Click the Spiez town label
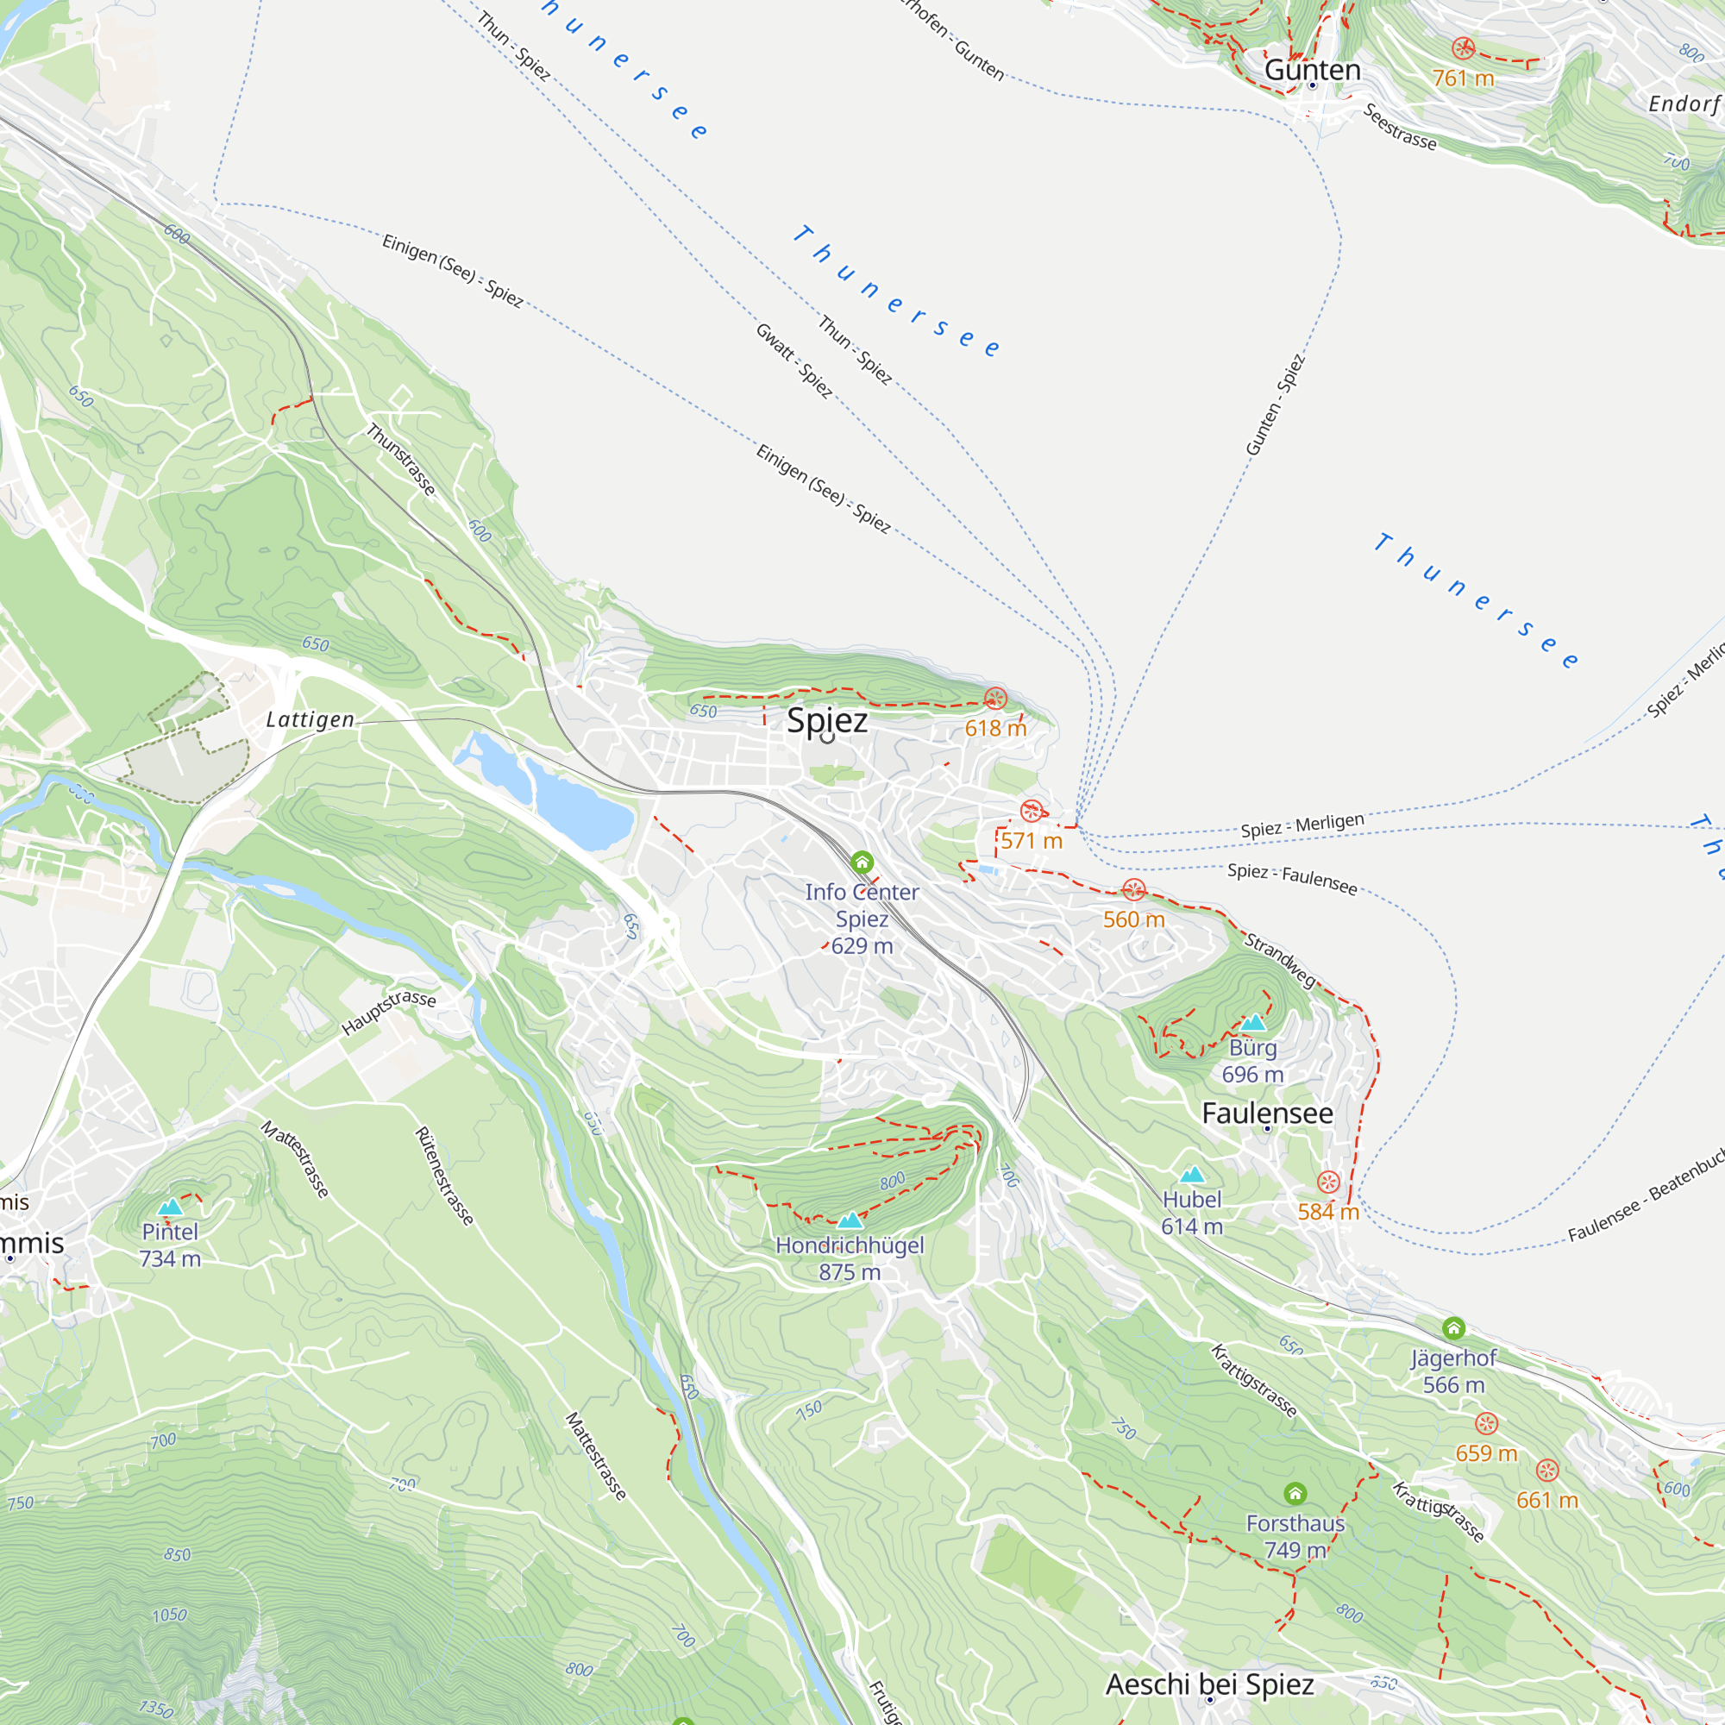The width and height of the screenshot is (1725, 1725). (x=827, y=720)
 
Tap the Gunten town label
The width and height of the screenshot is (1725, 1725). (x=1312, y=70)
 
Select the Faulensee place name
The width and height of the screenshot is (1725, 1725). (x=1267, y=1113)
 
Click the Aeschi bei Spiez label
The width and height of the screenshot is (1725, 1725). (x=1209, y=1684)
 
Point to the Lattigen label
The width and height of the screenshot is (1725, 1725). (x=310, y=719)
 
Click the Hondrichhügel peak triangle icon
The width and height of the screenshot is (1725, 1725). (x=849, y=1220)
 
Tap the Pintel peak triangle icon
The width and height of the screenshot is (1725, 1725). (x=170, y=1207)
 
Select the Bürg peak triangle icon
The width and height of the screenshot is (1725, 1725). (x=1252, y=1023)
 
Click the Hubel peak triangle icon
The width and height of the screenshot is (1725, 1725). (x=1192, y=1175)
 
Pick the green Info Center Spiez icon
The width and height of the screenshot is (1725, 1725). (x=862, y=862)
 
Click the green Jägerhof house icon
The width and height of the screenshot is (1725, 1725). (x=1453, y=1327)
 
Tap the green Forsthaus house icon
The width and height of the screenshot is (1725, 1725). (x=1295, y=1493)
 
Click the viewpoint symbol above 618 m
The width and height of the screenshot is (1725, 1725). (x=995, y=699)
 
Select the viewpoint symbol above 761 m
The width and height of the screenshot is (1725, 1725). (x=1463, y=47)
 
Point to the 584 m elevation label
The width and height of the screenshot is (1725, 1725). (x=1327, y=1212)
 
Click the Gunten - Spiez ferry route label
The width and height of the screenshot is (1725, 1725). (x=1275, y=405)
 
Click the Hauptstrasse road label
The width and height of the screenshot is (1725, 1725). (x=388, y=1012)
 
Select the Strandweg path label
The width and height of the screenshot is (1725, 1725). (x=1279, y=960)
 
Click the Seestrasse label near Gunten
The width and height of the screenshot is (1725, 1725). (x=1399, y=127)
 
